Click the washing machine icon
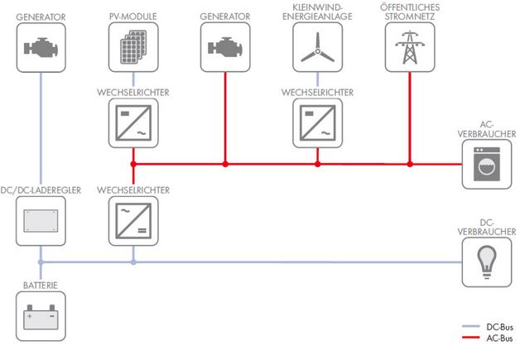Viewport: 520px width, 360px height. [x=488, y=164]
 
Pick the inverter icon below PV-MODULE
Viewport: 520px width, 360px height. [x=132, y=124]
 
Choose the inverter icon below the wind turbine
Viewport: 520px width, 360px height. [x=317, y=124]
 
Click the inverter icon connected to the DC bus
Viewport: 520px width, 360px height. [x=132, y=221]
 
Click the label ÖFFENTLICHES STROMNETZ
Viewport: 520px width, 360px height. [x=410, y=11]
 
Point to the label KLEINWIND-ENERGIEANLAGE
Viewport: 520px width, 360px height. [x=317, y=11]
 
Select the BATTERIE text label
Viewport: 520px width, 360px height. [x=40, y=285]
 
